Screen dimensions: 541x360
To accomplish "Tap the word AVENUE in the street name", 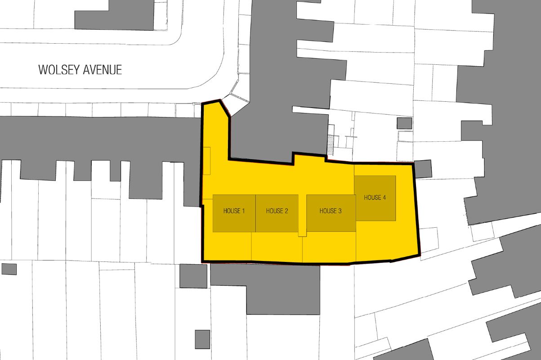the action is pyautogui.click(x=104, y=70).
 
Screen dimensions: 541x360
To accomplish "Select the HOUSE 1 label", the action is pyautogui.click(x=234, y=211).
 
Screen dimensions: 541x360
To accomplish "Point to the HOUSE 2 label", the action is pyautogui.click(x=277, y=211).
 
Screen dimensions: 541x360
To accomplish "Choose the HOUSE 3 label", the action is pyautogui.click(x=331, y=211).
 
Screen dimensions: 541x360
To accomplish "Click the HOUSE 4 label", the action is pyautogui.click(x=375, y=198).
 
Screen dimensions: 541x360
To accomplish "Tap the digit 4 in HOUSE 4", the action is pyautogui.click(x=384, y=198).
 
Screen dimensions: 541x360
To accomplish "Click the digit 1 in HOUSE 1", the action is pyautogui.click(x=243, y=211).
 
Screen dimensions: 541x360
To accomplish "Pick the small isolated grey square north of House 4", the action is pyautogui.click(x=404, y=123).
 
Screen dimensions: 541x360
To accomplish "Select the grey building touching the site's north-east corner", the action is pyautogui.click(x=423, y=169).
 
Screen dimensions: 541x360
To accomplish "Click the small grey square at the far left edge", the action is pyautogui.click(x=9, y=269).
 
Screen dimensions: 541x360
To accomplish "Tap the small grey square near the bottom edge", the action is pyautogui.click(x=202, y=339).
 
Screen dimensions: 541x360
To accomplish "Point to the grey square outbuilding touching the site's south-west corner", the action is pyautogui.click(x=193, y=276).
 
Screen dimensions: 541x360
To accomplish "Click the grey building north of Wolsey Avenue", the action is pyautogui.click(x=115, y=16).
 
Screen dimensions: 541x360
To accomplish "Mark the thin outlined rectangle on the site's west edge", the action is pyautogui.click(x=207, y=161).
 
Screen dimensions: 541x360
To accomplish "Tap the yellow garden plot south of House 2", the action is pyautogui.click(x=277, y=247).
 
